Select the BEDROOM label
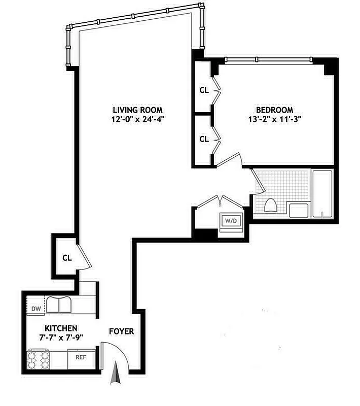pos(274,110)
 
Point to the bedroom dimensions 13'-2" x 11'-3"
pos(274,120)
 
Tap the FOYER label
pos(122,331)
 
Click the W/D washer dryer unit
pos(231,221)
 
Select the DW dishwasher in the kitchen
pos(36,308)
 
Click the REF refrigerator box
pos(81,357)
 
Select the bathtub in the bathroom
pos(322,194)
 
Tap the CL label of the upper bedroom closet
pos(204,90)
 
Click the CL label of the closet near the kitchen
pos(67,257)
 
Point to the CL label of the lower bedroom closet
pos(204,139)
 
